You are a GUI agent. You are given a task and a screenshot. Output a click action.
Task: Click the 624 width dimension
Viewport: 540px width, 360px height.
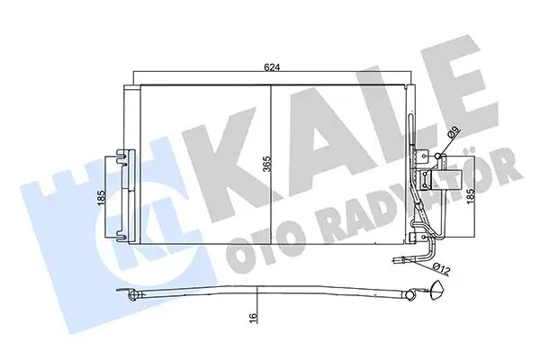(x=271, y=65)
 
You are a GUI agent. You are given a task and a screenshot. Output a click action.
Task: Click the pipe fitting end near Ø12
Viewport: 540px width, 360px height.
(x=400, y=263)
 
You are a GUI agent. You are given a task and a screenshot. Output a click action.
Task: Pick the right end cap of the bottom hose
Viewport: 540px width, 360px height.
(x=438, y=289)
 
